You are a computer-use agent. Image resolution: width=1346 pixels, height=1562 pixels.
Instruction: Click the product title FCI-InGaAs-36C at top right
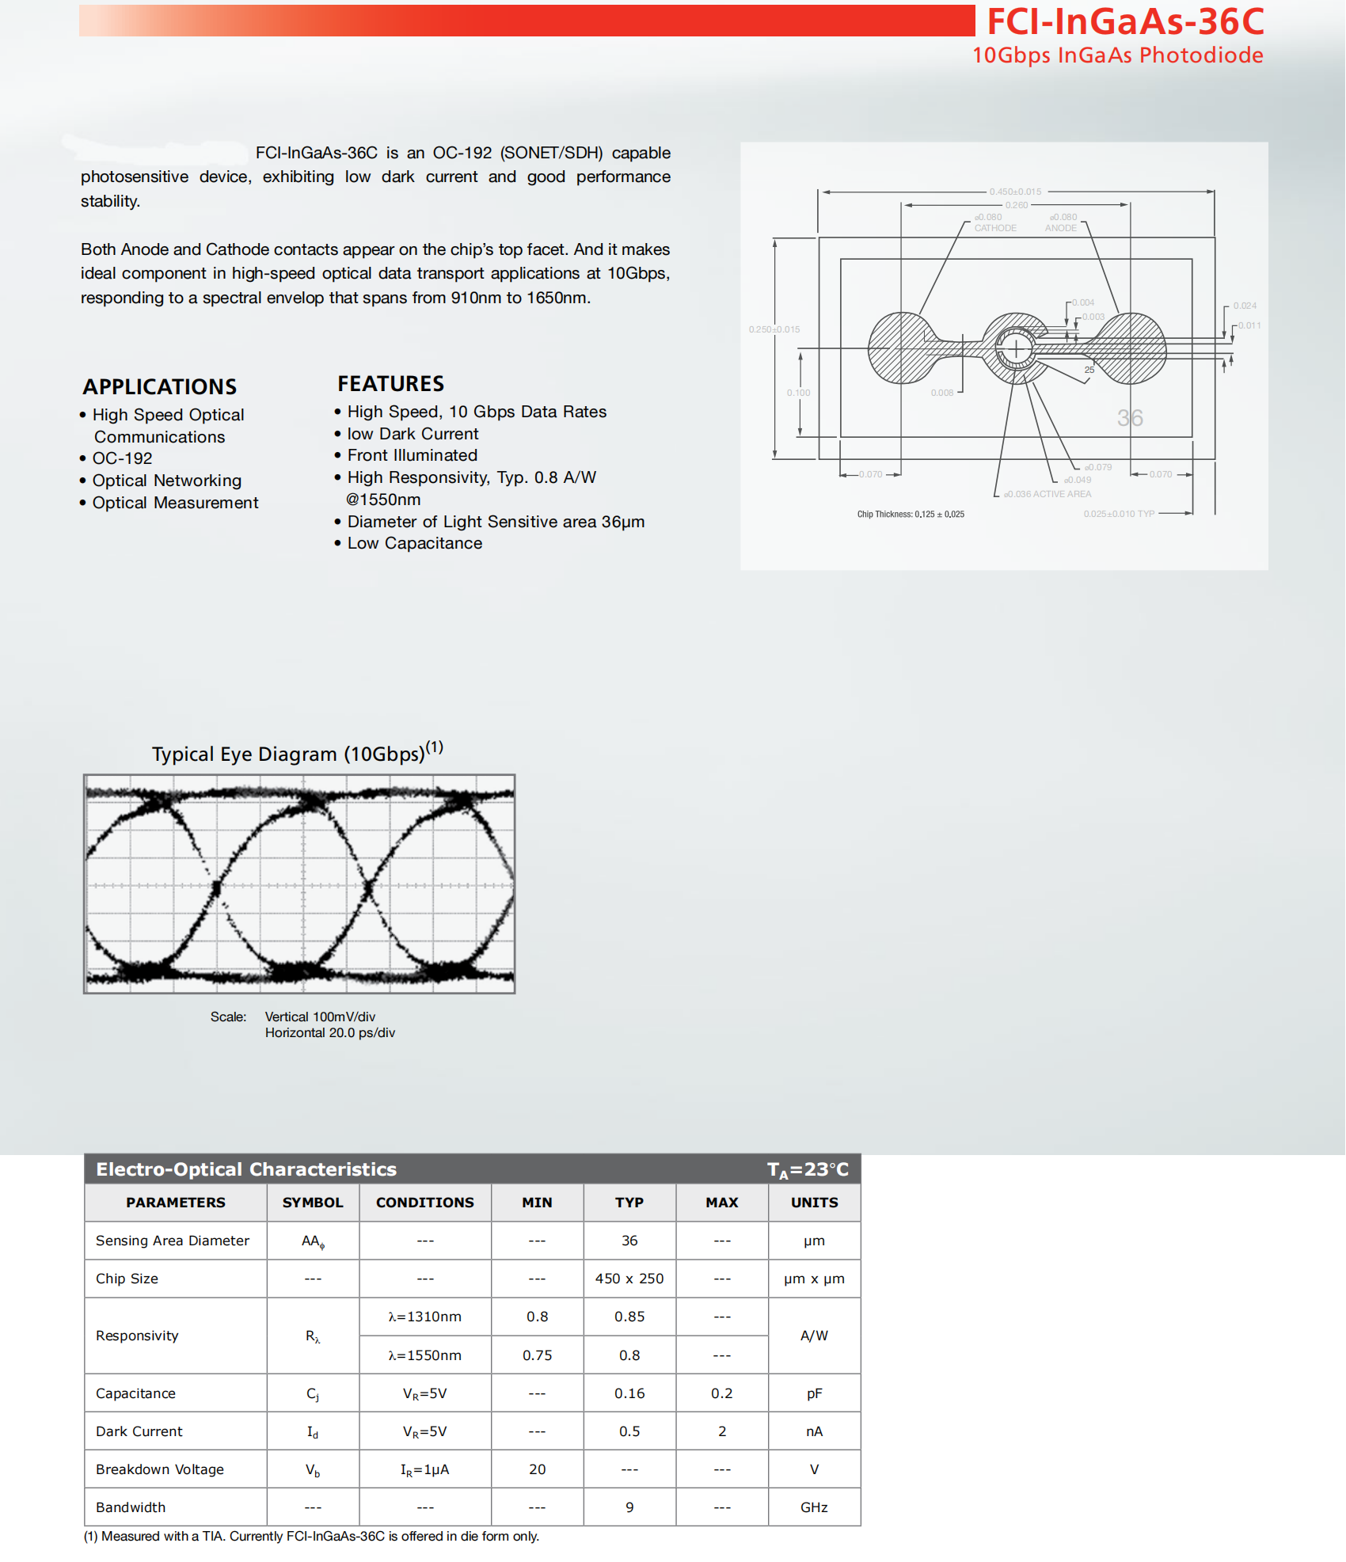(x=1124, y=21)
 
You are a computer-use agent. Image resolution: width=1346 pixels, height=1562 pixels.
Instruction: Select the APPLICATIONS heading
(x=160, y=386)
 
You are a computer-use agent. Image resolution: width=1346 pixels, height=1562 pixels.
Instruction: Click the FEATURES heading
(x=390, y=384)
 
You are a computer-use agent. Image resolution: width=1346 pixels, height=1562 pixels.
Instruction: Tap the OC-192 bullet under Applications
(x=122, y=458)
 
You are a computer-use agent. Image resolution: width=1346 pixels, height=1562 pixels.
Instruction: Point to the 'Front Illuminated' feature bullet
(x=412, y=455)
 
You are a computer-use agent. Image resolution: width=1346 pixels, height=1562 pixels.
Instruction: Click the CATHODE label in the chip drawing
(x=995, y=228)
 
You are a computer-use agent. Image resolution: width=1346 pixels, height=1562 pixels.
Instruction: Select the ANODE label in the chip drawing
(x=1060, y=228)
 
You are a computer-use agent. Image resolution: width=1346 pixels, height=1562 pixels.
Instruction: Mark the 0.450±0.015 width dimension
(x=1015, y=192)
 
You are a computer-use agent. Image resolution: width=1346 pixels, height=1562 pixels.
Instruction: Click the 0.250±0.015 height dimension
(x=774, y=329)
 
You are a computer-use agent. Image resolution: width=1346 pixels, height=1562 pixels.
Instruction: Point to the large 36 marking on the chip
(x=1130, y=418)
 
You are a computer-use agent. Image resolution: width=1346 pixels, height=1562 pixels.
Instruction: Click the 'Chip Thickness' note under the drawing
(x=911, y=514)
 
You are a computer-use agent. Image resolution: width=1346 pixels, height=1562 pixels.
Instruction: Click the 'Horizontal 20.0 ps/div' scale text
(x=329, y=1032)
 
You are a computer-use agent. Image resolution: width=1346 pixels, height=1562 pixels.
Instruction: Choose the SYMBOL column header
(x=313, y=1202)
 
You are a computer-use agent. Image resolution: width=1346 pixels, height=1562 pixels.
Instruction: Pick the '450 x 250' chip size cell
(x=629, y=1278)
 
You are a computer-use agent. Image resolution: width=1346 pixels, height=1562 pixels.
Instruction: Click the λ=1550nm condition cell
(x=424, y=1355)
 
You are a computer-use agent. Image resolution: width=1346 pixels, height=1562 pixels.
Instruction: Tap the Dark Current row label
(x=139, y=1431)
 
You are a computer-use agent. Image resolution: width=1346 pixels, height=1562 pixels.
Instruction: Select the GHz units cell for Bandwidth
(x=814, y=1507)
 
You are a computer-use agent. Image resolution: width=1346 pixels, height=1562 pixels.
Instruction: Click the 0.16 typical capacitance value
(x=629, y=1393)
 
